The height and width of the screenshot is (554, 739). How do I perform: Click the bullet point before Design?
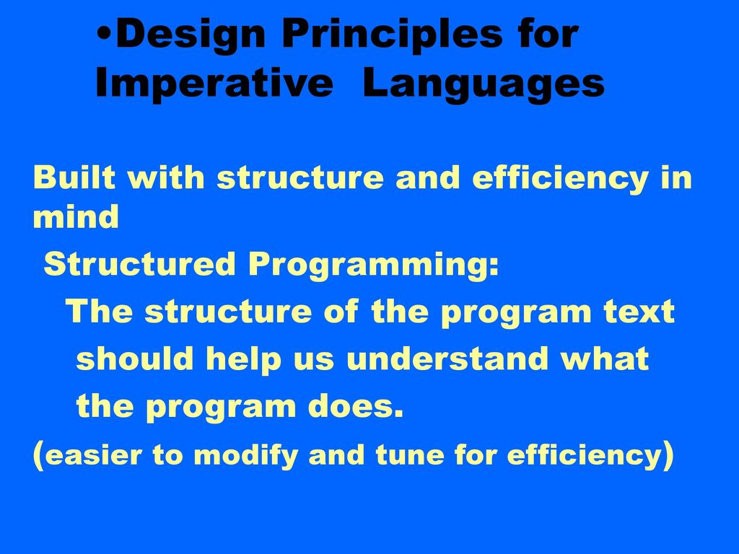tap(105, 35)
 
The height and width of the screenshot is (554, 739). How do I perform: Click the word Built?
tap(74, 177)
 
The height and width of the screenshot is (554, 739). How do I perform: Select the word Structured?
tap(139, 264)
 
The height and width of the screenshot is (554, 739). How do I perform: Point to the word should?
tap(135, 358)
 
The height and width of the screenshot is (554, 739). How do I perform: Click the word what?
tap(605, 358)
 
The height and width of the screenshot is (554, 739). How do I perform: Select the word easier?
tap(94, 456)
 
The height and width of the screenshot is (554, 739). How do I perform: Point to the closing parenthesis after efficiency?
tap(668, 456)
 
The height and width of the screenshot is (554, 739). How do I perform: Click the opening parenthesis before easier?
tap(39, 456)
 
